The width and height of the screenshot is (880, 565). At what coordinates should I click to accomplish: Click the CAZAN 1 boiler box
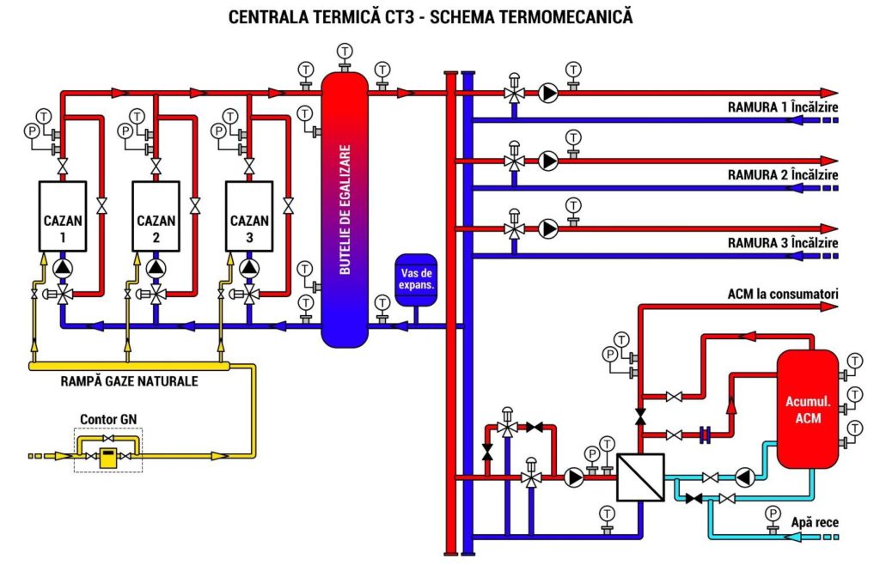click(63, 216)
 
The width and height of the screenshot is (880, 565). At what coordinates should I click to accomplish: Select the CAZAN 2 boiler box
click(156, 216)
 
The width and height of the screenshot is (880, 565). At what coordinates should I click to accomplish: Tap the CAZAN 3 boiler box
click(249, 216)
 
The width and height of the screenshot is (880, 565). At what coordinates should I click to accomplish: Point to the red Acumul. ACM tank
click(807, 409)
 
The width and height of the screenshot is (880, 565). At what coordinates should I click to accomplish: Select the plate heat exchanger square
click(640, 477)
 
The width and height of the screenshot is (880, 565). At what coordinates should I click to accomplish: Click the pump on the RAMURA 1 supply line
click(548, 93)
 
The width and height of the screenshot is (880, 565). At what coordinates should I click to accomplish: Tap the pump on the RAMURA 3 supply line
click(548, 228)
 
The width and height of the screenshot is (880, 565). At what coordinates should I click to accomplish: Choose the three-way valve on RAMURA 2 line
click(514, 161)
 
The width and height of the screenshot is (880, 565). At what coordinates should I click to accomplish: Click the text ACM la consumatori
click(783, 295)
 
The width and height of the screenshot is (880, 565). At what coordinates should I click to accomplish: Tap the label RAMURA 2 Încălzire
click(783, 175)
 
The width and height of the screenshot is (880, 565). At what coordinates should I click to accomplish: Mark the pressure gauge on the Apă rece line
click(773, 513)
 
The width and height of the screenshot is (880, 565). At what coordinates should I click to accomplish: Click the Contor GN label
click(108, 419)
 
